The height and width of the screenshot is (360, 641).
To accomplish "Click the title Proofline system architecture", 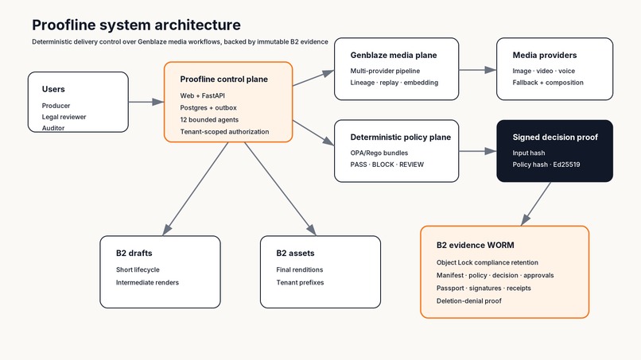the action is pos(136,25).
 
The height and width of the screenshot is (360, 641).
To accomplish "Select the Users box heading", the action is pos(53,89).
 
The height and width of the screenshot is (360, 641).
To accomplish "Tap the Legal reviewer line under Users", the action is pos(64,117).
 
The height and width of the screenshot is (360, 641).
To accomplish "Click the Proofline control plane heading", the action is pos(223,79).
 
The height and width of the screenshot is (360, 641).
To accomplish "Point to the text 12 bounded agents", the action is pos(209,120).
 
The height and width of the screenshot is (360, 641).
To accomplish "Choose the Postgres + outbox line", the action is pos(208,108).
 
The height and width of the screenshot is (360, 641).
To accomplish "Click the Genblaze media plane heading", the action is pos(393,55).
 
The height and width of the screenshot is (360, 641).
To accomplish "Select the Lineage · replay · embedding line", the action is pos(394,83).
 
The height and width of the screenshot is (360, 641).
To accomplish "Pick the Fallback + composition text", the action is pos(548,83).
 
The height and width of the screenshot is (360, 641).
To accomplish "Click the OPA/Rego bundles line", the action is pos(379,153).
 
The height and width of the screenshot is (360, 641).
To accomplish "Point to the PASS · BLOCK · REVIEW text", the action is pos(387,165).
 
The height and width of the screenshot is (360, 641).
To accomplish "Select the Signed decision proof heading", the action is pos(555,137).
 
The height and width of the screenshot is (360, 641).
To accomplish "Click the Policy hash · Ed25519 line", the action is pos(546,165).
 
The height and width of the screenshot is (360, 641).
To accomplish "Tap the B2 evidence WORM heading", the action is pos(475,246).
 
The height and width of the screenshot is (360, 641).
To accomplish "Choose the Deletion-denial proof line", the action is pos(468,300).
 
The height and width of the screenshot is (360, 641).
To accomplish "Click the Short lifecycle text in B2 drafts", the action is pos(138,269).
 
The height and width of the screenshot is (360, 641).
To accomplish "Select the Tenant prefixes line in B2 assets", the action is pos(300,282).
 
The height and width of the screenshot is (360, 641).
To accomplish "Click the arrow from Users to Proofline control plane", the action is pos(146,102).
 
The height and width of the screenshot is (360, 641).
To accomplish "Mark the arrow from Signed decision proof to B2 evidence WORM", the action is pos(536,204).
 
